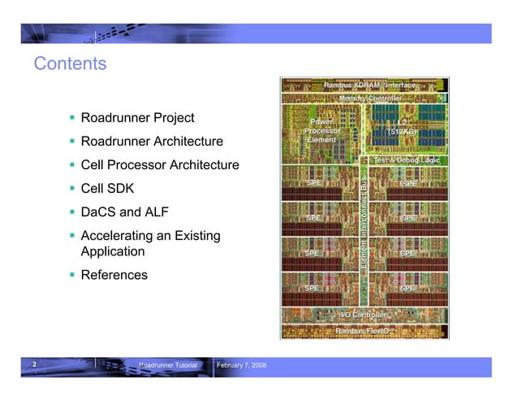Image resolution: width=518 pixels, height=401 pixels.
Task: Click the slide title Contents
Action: [x=71, y=63]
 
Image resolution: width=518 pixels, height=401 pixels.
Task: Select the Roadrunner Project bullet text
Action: [x=137, y=119]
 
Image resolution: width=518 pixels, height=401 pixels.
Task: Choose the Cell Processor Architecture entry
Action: [x=160, y=166]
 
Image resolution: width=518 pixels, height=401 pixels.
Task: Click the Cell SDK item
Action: [x=108, y=190]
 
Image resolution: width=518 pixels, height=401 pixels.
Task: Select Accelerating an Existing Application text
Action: [x=150, y=244]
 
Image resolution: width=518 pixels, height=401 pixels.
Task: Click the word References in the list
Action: [x=114, y=275]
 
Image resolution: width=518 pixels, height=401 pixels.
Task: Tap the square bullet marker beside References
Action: [x=72, y=275]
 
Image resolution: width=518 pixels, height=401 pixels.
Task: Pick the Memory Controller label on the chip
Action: [x=369, y=98]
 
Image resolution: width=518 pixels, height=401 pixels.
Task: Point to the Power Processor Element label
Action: [x=322, y=130]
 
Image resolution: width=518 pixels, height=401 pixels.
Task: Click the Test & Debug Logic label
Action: [x=405, y=160]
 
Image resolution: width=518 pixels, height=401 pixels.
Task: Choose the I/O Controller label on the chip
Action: [x=362, y=314]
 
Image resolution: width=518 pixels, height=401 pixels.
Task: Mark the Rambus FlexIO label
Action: [x=362, y=330]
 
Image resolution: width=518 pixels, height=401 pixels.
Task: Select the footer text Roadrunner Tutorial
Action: [x=168, y=367]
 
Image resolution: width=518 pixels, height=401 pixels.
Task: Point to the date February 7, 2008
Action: [x=241, y=367]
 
